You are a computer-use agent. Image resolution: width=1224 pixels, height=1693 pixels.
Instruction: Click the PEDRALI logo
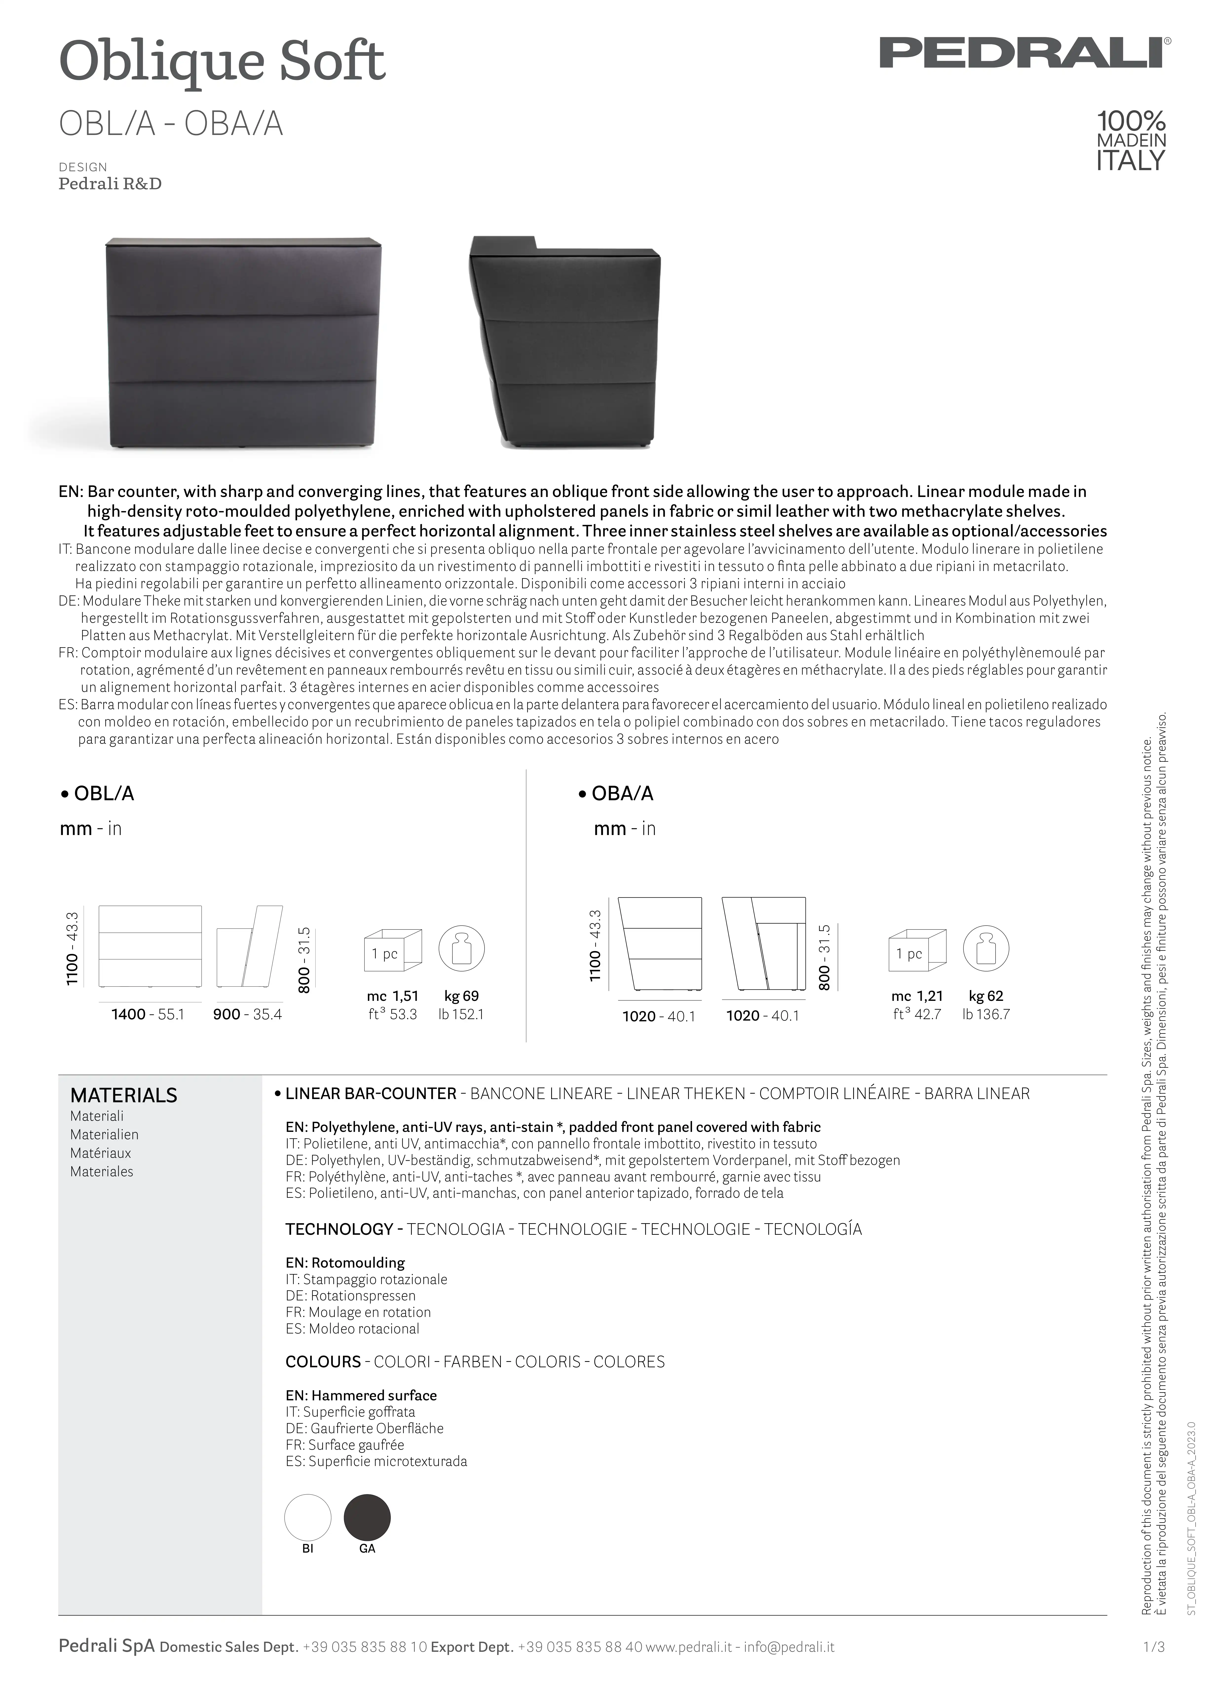tap(1024, 53)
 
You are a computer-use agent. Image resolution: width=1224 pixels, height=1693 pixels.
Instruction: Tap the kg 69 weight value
tap(461, 996)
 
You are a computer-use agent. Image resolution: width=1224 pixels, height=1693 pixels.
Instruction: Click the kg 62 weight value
tap(986, 996)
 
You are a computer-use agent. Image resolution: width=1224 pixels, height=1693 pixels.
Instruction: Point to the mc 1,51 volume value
tap(393, 996)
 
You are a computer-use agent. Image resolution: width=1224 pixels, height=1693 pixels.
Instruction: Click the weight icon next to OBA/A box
tap(986, 949)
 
